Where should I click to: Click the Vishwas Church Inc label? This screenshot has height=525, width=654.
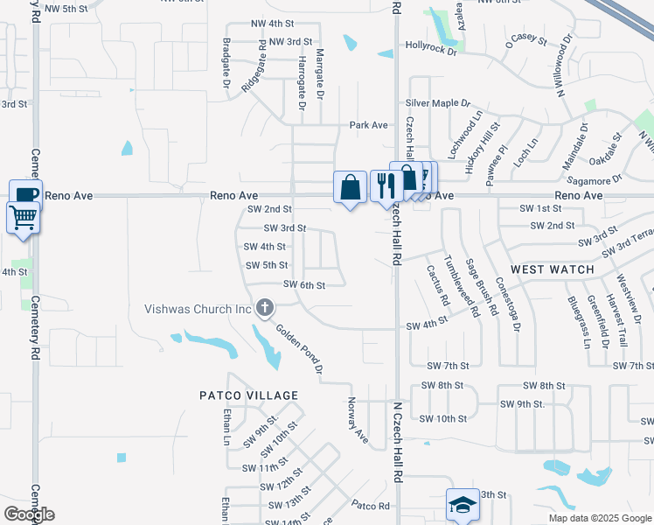click(x=198, y=309)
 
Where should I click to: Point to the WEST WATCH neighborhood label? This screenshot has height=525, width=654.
click(x=552, y=269)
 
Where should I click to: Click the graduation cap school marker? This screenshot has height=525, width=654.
click(x=463, y=505)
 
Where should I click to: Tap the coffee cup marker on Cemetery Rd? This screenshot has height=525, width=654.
click(x=25, y=194)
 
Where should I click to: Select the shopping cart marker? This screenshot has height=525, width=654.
click(x=23, y=217)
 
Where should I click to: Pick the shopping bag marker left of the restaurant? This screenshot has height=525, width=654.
click(x=350, y=186)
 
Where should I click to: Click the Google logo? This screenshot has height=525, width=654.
click(x=29, y=514)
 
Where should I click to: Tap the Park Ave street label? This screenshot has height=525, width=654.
click(x=368, y=125)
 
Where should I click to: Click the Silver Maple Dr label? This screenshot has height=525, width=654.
click(x=437, y=103)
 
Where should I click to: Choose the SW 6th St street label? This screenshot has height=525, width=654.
click(x=304, y=285)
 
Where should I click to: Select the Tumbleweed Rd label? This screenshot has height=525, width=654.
click(x=459, y=285)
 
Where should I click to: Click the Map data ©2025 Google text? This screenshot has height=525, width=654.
click(x=600, y=518)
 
